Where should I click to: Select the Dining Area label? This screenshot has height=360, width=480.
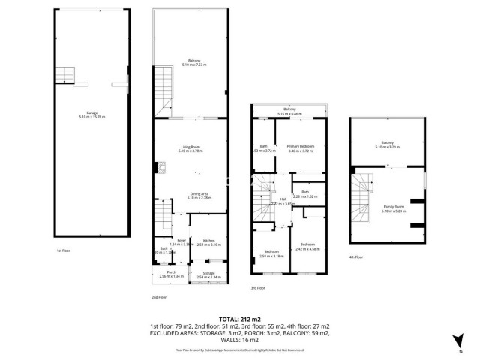tap(189, 195)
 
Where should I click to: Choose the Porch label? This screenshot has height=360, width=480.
tap(172, 274)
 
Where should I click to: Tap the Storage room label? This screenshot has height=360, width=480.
tap(208, 275)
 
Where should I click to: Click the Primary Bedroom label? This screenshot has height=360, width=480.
tap(301, 148)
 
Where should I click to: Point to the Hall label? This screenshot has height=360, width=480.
tap(283, 201)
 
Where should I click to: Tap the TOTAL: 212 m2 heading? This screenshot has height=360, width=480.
tap(239, 319)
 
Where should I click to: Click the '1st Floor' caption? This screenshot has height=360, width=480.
tap(63, 250)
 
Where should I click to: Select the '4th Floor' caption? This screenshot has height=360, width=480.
tap(356, 257)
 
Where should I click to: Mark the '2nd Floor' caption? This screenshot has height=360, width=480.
tap(158, 297)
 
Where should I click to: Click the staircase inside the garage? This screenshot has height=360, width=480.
tap(67, 74)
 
